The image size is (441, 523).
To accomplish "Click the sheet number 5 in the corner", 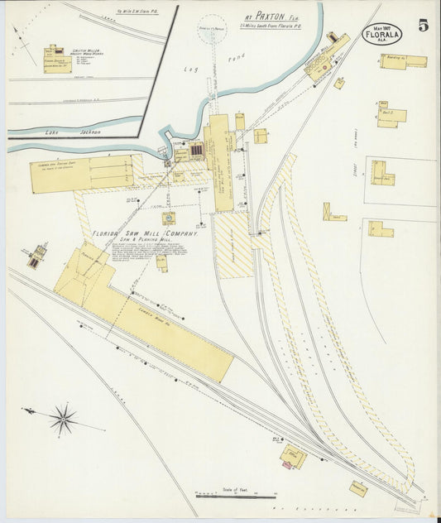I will tap(423, 26).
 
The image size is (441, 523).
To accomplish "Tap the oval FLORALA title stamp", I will tap(381, 35).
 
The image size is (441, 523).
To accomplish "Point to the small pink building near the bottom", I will tap(286, 465).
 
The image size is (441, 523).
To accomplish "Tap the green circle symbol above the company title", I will tap(168, 218).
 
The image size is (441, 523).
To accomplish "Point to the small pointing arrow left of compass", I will tap(30, 411).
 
